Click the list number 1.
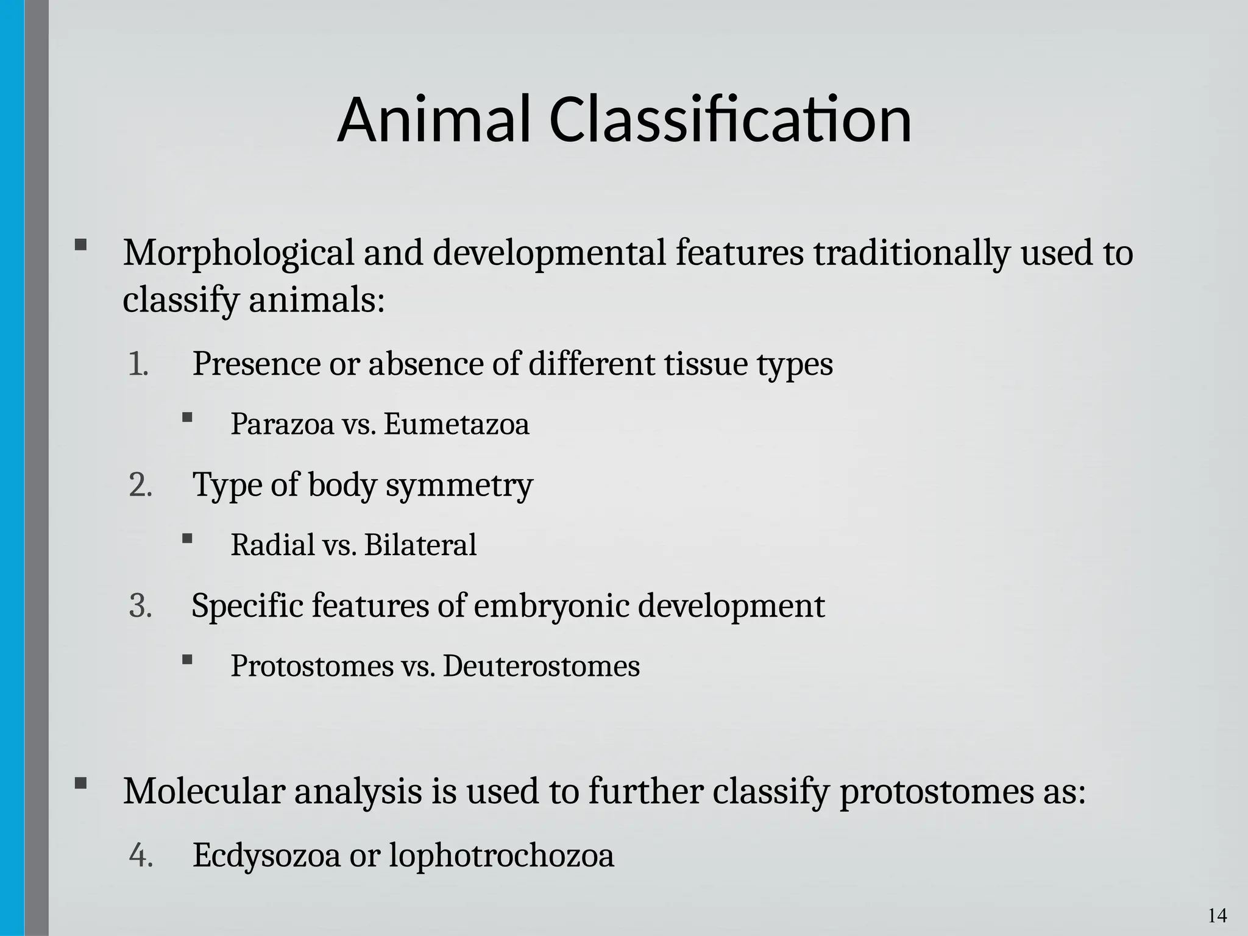pos(138,364)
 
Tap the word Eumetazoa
pos(456,424)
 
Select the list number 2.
pos(140,486)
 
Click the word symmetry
pos(459,486)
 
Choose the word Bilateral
pos(420,545)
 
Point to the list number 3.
pos(140,606)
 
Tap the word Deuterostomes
pos(541,666)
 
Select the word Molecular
pos(204,792)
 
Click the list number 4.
pos(140,855)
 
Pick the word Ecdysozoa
pos(266,855)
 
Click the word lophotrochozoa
pos(501,855)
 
